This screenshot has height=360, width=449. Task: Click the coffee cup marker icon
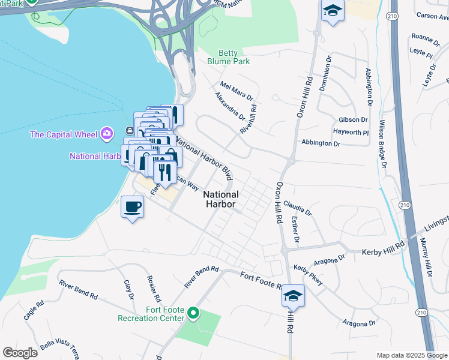pyautogui.click(x=133, y=207)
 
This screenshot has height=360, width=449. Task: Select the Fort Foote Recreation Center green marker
pyautogui.click(x=193, y=313)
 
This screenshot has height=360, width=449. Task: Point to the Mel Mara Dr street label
pyautogui.click(x=237, y=91)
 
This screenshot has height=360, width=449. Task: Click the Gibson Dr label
pyautogui.click(x=353, y=120)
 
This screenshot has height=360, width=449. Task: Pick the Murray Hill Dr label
pyautogui.click(x=426, y=257)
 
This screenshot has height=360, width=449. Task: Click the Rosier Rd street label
pyautogui.click(x=154, y=289)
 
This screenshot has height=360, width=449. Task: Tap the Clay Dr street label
pyautogui.click(x=128, y=289)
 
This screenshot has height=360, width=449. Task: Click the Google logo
pyautogui.click(x=20, y=352)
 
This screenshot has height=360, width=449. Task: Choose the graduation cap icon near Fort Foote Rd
pyautogui.click(x=294, y=295)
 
